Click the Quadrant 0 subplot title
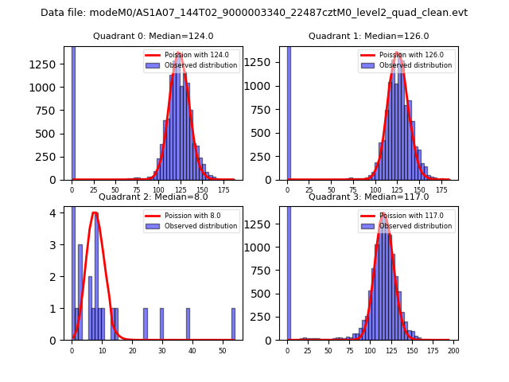point(153,36)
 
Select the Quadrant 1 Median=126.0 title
point(369,36)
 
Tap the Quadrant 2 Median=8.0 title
point(153,197)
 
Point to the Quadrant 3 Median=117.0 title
point(369,197)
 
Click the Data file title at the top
point(254,13)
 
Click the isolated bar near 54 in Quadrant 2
point(233,324)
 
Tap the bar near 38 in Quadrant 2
point(188,324)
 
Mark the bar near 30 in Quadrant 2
point(161,324)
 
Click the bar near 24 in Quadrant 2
point(146,324)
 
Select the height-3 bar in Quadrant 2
point(80,292)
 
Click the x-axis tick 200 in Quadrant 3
point(453,350)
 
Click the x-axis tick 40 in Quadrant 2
point(192,350)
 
